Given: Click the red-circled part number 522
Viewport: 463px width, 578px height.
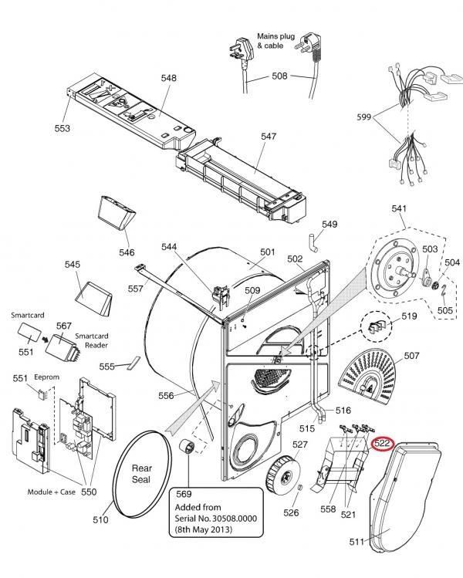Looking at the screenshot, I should (x=384, y=444).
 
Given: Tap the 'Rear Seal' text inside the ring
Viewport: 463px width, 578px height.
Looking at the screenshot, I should (x=141, y=473).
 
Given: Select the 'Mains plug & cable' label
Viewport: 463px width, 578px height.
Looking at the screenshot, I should (x=271, y=41).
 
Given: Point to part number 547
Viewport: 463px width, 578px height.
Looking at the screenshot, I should (x=268, y=137).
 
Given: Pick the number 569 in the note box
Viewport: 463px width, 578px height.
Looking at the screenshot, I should (x=183, y=494).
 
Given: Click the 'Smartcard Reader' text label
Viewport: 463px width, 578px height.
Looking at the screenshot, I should (x=92, y=342).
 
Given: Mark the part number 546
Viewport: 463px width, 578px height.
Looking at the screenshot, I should (x=127, y=252).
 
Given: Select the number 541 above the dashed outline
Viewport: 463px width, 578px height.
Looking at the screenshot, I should (x=399, y=208).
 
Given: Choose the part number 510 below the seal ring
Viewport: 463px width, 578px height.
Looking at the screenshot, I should (x=100, y=520).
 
